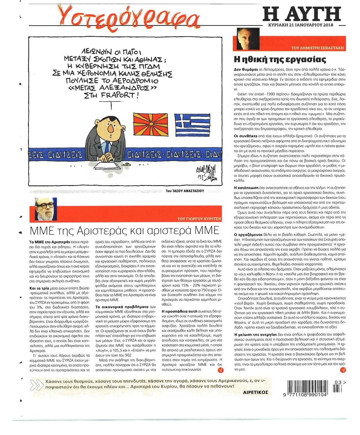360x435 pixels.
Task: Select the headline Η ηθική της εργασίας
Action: click(x=280, y=60)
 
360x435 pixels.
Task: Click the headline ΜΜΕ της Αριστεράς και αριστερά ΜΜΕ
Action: click(x=125, y=230)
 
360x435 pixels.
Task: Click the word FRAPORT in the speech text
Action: click(x=118, y=95)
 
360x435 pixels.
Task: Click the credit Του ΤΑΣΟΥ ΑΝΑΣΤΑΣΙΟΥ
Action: click(x=185, y=191)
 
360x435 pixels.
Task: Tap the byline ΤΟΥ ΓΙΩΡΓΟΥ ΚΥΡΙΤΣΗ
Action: click(x=199, y=219)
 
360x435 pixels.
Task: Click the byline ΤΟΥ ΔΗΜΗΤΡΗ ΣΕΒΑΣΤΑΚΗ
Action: click(x=317, y=48)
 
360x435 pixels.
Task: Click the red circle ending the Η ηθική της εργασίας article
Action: click(x=343, y=370)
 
